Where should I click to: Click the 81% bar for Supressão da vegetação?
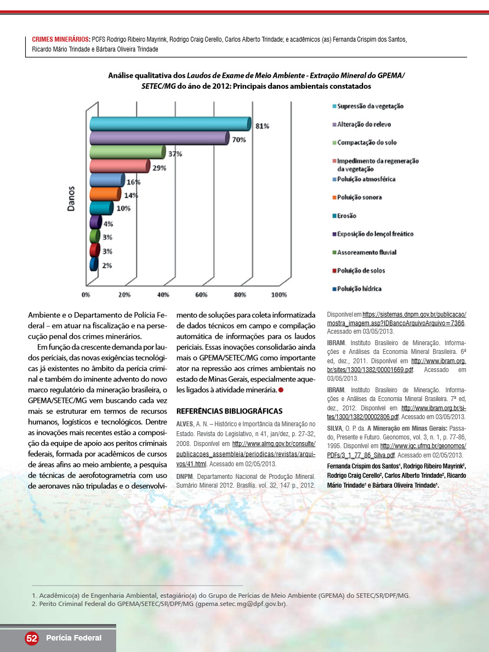170,124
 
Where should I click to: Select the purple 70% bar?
159,138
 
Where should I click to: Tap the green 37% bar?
127,152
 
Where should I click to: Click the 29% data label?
160,168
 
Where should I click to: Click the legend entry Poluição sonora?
359,197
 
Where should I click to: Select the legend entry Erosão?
346,216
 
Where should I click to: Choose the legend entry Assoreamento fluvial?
366,252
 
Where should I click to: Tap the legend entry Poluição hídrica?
359,289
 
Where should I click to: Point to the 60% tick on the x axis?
201,295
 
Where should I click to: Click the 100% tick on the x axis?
279,295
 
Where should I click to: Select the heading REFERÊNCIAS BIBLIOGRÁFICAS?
229,411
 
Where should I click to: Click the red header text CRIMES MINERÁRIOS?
61,39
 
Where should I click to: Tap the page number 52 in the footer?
31,638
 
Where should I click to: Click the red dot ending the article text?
281,390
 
